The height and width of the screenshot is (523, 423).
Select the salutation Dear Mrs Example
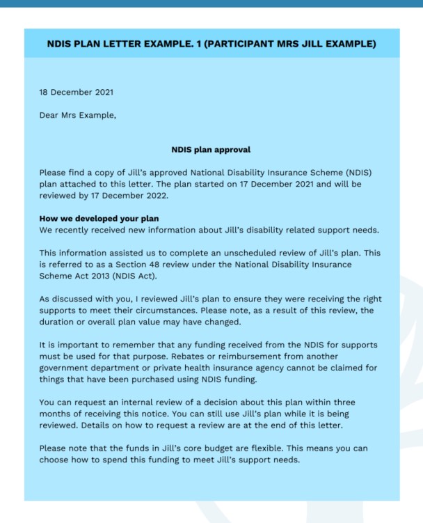pos(77,115)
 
